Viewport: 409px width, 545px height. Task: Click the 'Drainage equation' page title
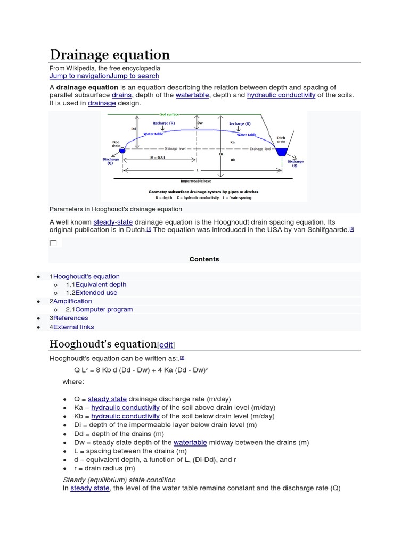110,54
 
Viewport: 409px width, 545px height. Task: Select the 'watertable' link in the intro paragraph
191,95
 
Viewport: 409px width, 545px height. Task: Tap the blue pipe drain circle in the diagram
121,151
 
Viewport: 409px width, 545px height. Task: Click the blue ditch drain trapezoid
281,152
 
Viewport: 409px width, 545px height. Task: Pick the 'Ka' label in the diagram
233,142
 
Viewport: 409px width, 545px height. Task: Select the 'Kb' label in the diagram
233,159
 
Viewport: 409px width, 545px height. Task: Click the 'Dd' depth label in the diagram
134,128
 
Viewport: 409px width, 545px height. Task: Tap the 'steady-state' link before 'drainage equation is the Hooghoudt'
113,221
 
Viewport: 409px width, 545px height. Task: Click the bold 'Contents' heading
204,259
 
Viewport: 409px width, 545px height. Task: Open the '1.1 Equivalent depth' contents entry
96,285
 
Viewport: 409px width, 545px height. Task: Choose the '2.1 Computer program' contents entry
99,309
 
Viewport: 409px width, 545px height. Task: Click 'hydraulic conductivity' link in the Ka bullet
125,407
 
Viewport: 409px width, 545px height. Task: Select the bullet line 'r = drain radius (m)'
105,468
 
